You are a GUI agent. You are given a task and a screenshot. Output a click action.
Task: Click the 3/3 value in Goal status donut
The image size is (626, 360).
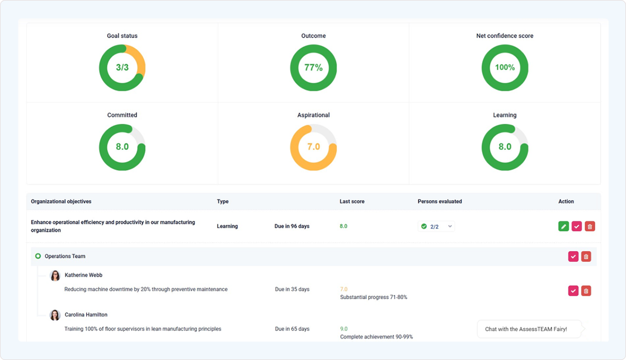[122, 68]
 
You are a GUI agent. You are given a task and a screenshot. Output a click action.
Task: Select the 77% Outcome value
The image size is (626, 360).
[313, 68]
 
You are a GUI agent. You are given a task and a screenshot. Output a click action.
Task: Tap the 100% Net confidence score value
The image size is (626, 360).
[505, 68]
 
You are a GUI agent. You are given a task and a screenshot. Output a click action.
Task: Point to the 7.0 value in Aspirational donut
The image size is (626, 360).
[313, 147]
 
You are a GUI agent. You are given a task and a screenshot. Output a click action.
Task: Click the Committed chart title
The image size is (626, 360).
[122, 115]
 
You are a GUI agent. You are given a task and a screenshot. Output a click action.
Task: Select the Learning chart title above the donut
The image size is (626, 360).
[505, 115]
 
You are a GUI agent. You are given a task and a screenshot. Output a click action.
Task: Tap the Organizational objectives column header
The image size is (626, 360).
[61, 201]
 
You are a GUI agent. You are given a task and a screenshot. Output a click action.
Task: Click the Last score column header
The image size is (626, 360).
[352, 201]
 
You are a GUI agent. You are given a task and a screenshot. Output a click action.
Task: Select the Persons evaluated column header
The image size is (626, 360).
[440, 201]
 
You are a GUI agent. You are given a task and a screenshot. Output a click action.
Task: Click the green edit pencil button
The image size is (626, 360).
[563, 226]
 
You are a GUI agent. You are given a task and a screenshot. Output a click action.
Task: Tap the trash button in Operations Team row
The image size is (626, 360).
[586, 257]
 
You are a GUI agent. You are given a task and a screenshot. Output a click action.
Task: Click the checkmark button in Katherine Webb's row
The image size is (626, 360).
[573, 291]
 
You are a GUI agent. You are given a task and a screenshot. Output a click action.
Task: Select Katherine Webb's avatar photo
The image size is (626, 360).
[55, 276]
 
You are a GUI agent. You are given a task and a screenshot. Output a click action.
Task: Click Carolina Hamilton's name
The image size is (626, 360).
[86, 315]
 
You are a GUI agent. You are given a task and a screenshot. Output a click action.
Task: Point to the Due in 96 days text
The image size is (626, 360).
[292, 226]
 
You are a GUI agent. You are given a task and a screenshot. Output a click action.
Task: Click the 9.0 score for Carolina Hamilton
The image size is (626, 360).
[343, 329]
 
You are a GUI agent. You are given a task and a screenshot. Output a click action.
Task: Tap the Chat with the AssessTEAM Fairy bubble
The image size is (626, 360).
[526, 329]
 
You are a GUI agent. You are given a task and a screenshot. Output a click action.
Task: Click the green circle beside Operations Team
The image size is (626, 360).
[38, 257]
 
